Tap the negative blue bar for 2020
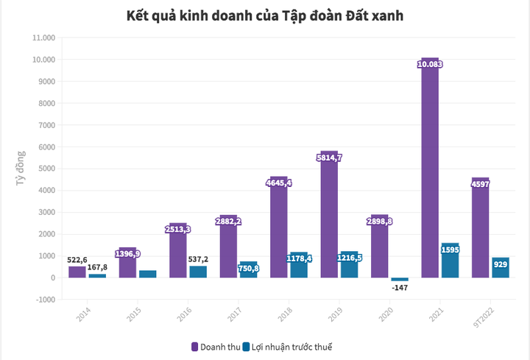pos(400,280)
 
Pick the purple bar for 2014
pos(77,272)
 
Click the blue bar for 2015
pos(147,274)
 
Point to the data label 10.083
pos(430,65)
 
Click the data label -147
pos(400,287)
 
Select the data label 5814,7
pos(329,157)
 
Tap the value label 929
pos(500,264)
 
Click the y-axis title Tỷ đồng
pos(21,169)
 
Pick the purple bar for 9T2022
pos(480,227)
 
